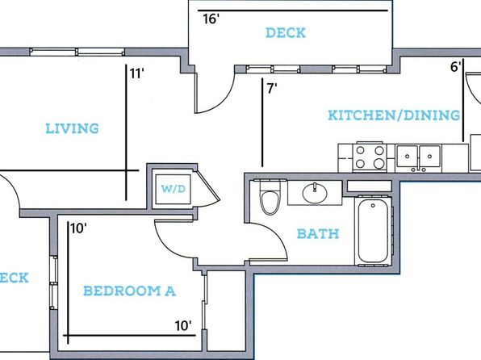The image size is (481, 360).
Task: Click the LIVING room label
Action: (x=72, y=128)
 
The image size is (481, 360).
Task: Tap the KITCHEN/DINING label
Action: (x=394, y=115)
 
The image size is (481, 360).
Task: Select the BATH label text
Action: (x=318, y=234)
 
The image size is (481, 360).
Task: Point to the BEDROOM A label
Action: (x=129, y=291)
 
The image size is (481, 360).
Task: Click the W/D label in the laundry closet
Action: (x=174, y=188)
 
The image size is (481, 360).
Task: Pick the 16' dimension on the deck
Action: (x=211, y=19)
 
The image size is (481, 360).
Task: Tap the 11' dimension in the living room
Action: (x=136, y=73)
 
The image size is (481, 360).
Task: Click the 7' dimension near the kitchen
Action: (x=272, y=89)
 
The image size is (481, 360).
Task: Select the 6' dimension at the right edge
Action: (x=456, y=67)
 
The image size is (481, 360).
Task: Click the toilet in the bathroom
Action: (x=270, y=197)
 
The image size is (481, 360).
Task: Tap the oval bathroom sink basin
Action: (x=315, y=193)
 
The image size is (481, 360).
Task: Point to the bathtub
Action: (x=373, y=231)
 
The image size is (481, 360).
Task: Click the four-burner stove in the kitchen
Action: (x=370, y=157)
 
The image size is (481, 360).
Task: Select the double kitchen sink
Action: (x=418, y=157)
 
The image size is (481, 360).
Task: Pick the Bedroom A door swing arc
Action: (x=168, y=245)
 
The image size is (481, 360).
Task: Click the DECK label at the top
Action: (x=286, y=33)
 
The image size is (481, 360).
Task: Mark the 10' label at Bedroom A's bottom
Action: (x=183, y=326)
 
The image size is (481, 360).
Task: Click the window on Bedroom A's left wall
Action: (x=54, y=283)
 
